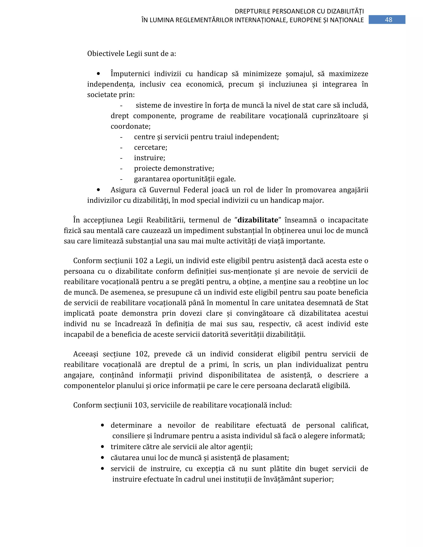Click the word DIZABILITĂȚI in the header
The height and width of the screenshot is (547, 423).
345,11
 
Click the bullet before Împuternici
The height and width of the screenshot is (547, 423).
98,74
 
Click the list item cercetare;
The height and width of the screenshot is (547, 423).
150,147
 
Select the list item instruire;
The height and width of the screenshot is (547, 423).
149,158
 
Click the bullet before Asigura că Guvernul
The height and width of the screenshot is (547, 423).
98,190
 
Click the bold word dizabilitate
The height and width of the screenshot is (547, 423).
258,220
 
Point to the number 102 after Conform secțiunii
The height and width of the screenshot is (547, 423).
141,261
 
